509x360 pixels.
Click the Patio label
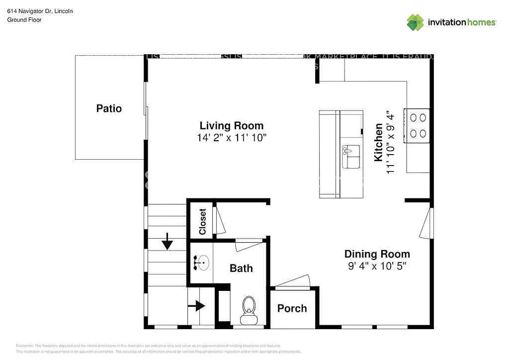click(109, 108)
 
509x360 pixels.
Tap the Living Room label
click(232, 125)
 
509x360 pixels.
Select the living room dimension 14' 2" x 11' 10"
click(232, 138)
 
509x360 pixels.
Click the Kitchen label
click(378, 142)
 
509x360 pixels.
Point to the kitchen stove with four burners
click(417, 125)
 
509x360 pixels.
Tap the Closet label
click(202, 222)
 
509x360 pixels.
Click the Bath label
click(241, 269)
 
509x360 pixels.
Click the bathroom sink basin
click(201, 262)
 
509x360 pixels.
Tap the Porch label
click(292, 308)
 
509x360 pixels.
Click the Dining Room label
click(377, 254)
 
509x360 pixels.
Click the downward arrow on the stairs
click(167, 242)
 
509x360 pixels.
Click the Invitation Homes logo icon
click(416, 22)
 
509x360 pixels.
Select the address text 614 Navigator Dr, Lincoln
click(40, 10)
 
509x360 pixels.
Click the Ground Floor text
click(24, 20)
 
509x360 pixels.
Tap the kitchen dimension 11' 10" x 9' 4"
click(391, 142)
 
